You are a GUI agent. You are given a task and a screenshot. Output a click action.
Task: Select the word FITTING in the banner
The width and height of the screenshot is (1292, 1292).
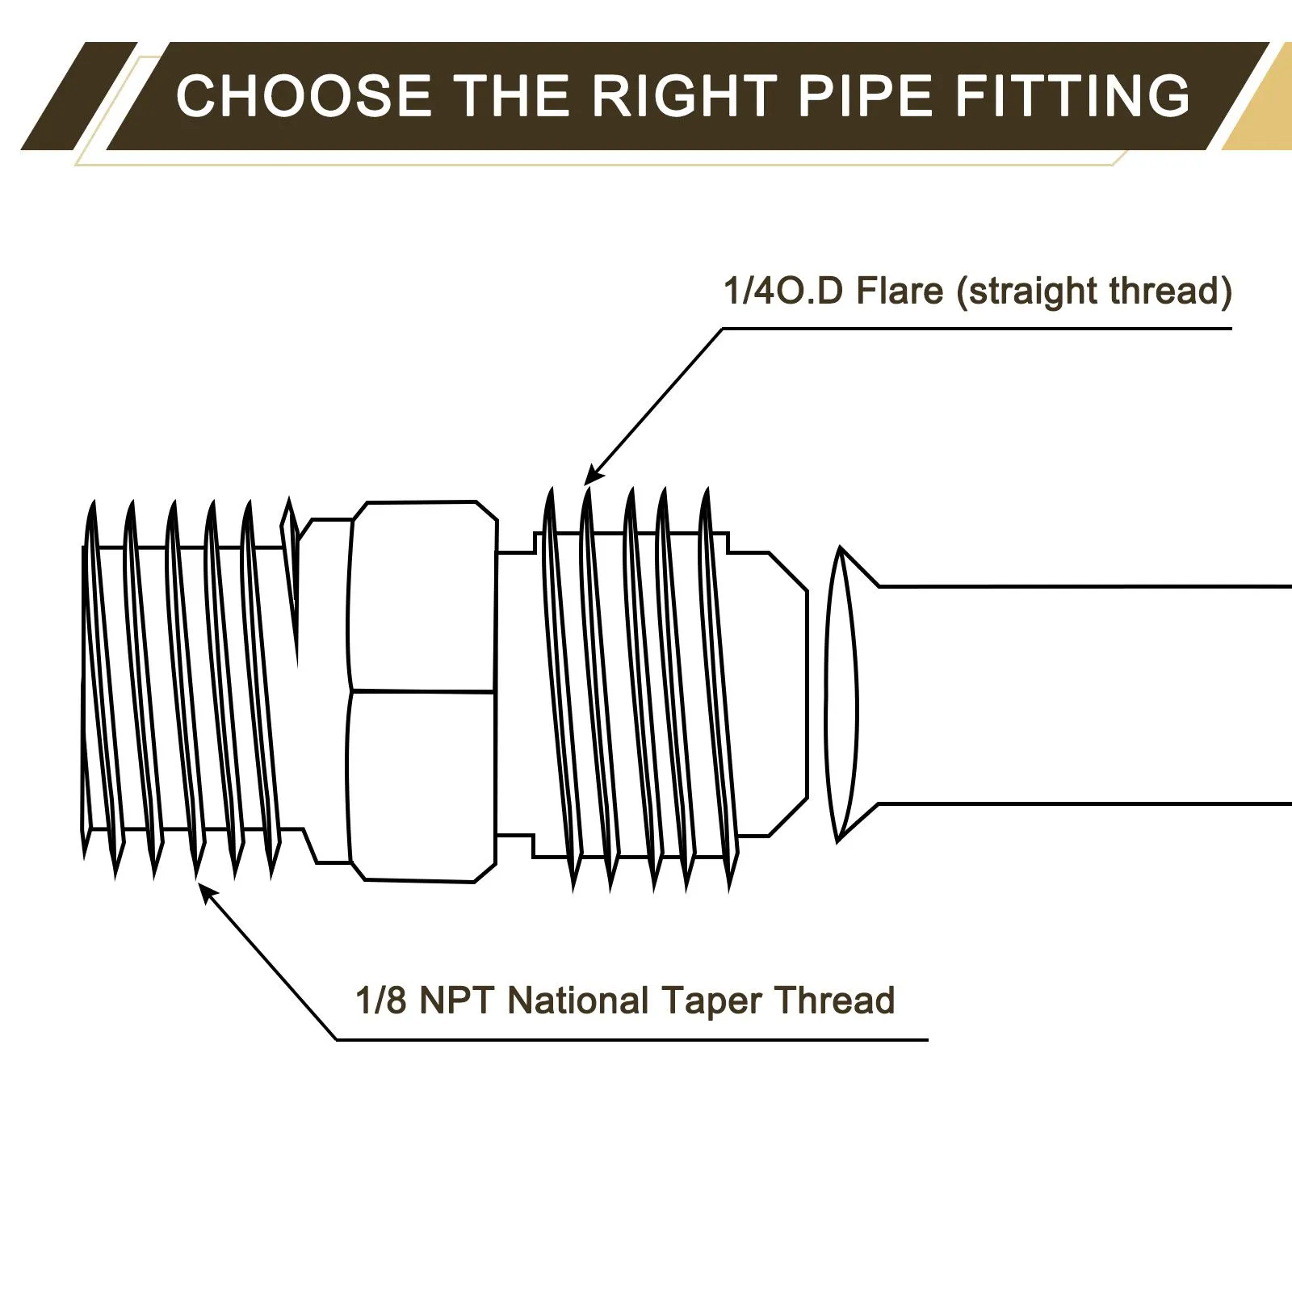click(1072, 96)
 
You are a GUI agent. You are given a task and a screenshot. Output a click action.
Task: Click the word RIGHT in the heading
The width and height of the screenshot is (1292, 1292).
click(685, 96)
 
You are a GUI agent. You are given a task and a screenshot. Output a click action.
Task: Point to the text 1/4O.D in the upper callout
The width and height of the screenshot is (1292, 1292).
click(782, 292)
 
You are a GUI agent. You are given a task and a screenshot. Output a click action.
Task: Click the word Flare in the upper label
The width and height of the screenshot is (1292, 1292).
click(900, 292)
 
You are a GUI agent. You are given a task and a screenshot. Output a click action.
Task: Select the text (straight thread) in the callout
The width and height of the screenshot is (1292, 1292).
click(1094, 292)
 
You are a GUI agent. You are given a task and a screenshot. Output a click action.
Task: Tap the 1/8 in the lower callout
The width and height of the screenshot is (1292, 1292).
click(380, 1001)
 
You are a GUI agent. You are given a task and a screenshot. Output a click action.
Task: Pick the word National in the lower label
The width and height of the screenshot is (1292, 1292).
click(578, 1001)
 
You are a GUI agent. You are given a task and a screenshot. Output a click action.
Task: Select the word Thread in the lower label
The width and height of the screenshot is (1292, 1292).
click(835, 1001)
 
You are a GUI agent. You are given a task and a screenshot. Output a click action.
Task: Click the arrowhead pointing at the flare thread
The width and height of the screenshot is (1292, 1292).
click(593, 476)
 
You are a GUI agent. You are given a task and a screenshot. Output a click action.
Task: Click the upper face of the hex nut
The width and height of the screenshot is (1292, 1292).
click(422, 598)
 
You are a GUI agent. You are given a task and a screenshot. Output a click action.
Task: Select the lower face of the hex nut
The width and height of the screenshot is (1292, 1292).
click(422, 783)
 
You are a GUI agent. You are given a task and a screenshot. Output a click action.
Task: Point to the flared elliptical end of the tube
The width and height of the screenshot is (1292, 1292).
click(841, 694)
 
